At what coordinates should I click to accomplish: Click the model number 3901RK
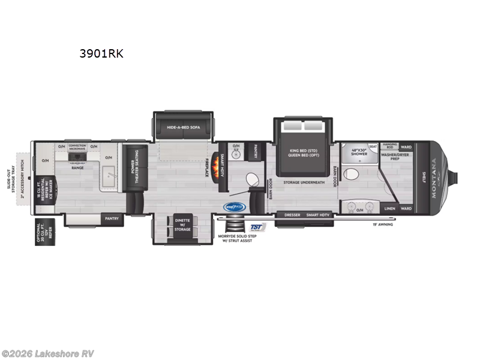101,53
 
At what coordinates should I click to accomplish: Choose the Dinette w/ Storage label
182,224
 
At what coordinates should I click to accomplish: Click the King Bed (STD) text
298,150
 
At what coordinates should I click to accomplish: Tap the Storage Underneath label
304,182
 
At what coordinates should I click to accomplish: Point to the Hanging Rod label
391,146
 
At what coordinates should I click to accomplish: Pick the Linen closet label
391,208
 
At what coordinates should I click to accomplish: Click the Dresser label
292,214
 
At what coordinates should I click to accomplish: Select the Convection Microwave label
77,147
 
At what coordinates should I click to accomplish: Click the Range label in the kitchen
78,167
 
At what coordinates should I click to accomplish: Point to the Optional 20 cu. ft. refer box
43,232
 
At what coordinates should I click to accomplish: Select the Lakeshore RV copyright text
48,353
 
